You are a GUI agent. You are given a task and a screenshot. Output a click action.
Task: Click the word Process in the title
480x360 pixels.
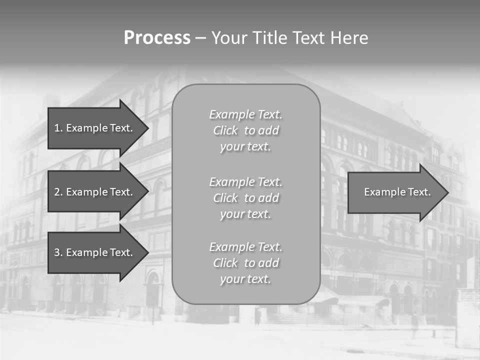157,38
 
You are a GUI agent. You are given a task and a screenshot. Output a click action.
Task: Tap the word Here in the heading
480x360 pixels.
348,38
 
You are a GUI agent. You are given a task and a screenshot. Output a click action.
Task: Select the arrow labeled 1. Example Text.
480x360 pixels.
95,128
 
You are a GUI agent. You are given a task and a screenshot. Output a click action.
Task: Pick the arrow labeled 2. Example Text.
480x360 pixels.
95,192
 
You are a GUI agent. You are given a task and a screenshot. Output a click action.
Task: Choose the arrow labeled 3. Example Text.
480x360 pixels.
95,252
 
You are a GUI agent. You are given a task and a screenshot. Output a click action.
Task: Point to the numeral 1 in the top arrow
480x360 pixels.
56,128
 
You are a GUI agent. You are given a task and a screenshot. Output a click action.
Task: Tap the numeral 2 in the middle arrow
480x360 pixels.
57,192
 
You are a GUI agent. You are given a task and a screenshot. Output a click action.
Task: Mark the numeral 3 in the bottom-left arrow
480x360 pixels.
57,252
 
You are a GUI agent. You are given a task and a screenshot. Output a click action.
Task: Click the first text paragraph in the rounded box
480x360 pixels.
246,130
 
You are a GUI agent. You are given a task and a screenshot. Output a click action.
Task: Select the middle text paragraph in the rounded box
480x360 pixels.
246,198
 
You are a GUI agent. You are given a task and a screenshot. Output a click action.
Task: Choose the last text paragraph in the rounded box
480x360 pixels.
246,263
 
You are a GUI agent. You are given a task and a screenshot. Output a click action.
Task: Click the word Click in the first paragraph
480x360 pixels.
225,130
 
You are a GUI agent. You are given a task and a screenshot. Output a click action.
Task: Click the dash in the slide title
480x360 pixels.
201,38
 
